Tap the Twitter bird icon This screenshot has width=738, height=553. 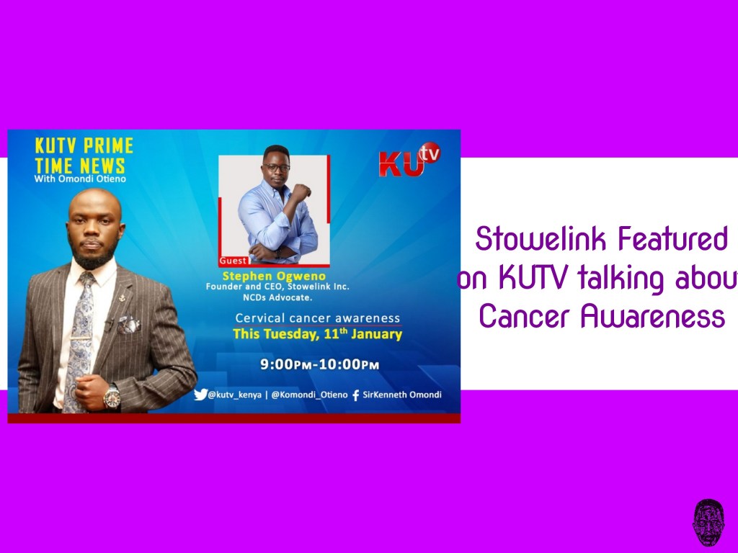200,395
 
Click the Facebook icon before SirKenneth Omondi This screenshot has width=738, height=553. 355,395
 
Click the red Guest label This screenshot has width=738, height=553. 234,261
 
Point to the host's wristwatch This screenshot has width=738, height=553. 112,395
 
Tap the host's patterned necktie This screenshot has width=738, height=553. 81,338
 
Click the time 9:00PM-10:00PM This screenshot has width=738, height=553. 320,364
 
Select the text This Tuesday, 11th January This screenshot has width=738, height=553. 317,334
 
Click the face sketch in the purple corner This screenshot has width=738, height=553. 708,523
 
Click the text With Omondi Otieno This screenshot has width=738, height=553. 80,179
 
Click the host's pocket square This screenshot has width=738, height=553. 129,324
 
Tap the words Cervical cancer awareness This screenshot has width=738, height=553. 317,318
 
